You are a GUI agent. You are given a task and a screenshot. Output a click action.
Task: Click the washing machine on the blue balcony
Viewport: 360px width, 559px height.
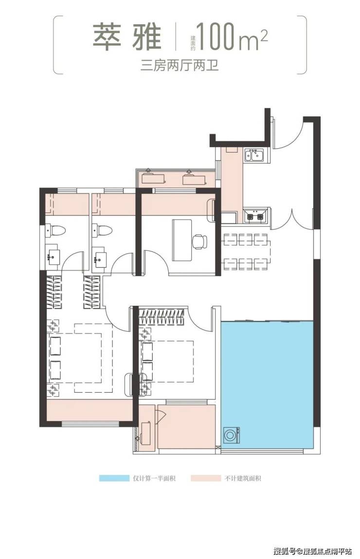(x=231, y=436)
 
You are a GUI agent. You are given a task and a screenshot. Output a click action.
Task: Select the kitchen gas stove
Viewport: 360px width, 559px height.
(x=255, y=216)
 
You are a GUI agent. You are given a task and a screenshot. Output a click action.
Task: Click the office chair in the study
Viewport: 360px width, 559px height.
(x=199, y=242)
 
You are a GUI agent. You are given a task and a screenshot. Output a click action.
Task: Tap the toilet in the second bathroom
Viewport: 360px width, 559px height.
(x=101, y=230)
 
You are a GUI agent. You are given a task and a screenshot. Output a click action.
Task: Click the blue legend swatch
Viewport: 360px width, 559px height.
(x=114, y=478)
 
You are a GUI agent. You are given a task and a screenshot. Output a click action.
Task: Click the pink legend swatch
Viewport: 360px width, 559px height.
(x=206, y=478)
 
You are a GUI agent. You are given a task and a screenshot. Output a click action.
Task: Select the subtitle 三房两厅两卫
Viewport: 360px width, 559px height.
(x=180, y=66)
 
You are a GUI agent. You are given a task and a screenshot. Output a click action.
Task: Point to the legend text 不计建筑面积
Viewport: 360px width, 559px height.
(x=243, y=478)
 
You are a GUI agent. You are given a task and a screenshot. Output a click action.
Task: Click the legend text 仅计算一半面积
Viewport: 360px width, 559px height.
(x=154, y=478)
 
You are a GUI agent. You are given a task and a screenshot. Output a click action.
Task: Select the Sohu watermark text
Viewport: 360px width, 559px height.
(x=312, y=552)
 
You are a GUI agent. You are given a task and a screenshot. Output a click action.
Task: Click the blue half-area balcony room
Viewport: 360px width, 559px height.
(x=267, y=383)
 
